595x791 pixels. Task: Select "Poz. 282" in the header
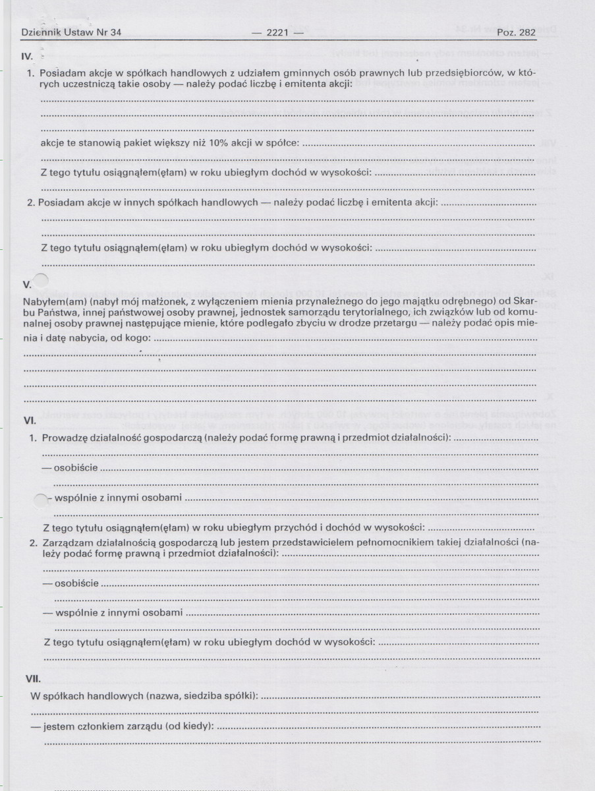[x=517, y=32]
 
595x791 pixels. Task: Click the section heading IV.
[x=28, y=57]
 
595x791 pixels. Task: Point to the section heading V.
[x=27, y=285]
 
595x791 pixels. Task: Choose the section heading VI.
[x=29, y=421]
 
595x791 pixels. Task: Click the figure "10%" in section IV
[x=218, y=143]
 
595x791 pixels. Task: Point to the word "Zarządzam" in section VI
[x=65, y=542]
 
